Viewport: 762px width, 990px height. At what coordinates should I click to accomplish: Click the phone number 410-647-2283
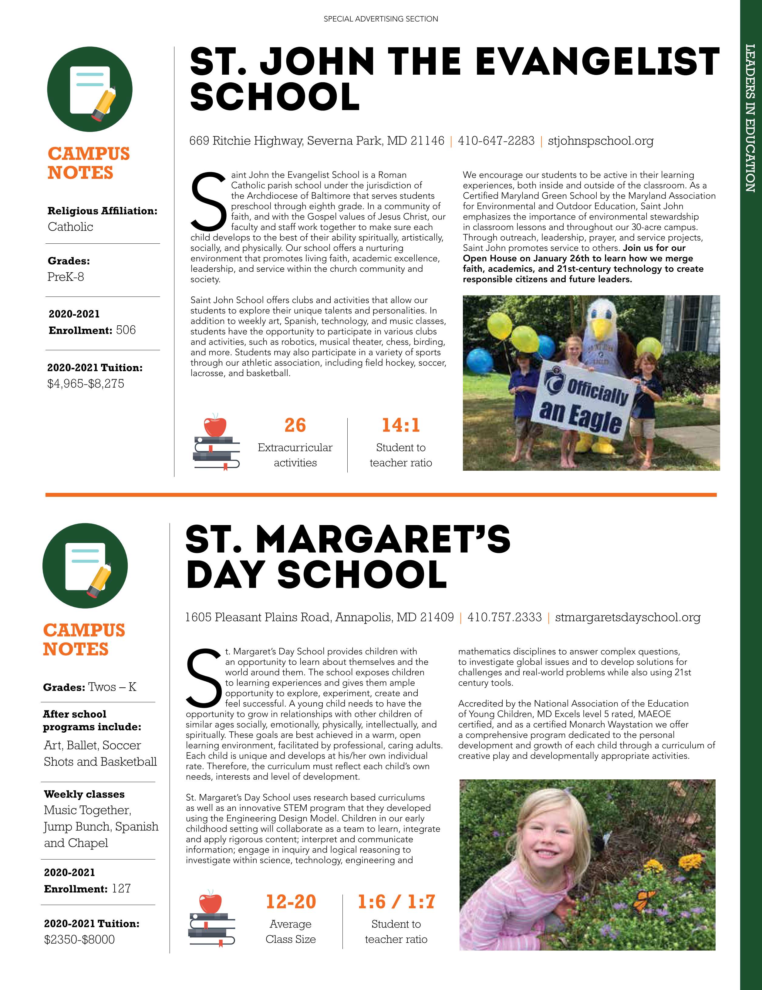(x=496, y=141)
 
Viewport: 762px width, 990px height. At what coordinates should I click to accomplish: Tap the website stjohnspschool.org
(x=601, y=141)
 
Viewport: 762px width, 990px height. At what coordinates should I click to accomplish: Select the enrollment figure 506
(x=126, y=330)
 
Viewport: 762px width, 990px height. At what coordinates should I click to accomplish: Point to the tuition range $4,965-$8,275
(x=86, y=384)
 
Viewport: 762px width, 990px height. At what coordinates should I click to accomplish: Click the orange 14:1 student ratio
(x=401, y=425)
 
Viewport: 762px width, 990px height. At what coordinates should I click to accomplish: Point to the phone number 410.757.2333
(x=504, y=617)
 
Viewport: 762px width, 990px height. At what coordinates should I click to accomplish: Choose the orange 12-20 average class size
(x=291, y=902)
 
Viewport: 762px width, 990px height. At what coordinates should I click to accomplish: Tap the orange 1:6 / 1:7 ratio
(x=396, y=902)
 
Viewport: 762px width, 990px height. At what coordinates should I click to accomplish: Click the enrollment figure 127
(x=121, y=888)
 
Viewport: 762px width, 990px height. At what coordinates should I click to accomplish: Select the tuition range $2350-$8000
(x=79, y=939)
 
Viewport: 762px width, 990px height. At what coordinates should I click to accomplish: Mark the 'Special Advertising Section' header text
(x=381, y=19)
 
